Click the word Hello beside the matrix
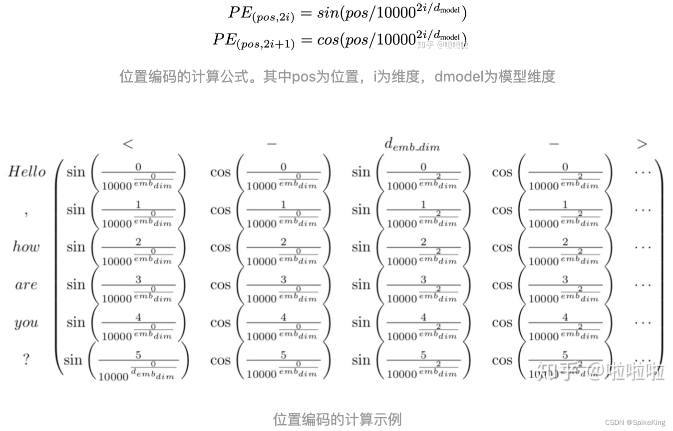point(27,172)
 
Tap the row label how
point(26,246)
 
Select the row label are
point(26,285)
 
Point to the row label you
point(26,323)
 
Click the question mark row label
point(26,359)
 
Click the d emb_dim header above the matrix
point(412,144)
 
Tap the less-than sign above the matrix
point(128,144)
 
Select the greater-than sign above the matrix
point(642,144)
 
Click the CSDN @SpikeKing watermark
point(635,422)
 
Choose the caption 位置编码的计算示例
point(337,419)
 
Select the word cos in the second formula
point(328,39)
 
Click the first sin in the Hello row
point(76,172)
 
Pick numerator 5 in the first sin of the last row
point(138,355)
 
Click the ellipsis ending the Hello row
point(643,172)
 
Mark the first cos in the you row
point(220,323)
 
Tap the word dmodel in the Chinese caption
point(458,76)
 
